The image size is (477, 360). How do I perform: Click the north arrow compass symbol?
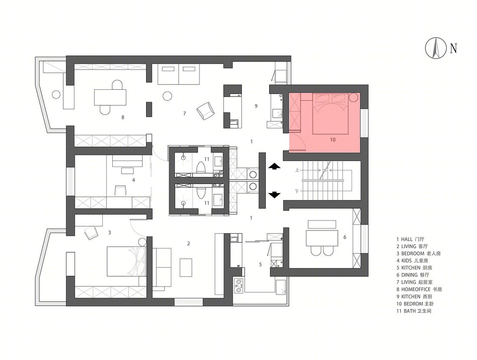(x=436, y=48)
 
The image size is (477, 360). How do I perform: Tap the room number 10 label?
(x=333, y=140)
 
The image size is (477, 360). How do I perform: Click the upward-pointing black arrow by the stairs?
(x=274, y=167)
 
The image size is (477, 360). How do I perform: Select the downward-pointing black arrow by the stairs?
(x=274, y=195)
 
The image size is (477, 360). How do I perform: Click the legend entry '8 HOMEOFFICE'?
(x=419, y=289)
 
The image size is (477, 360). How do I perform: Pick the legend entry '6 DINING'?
(x=412, y=275)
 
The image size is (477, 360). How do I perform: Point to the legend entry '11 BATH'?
(x=414, y=311)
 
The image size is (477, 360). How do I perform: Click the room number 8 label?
(x=123, y=117)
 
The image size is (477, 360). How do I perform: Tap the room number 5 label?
(x=261, y=265)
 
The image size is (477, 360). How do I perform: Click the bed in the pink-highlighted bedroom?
(x=330, y=114)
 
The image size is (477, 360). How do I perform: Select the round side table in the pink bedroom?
(x=353, y=98)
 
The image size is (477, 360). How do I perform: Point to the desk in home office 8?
(x=110, y=97)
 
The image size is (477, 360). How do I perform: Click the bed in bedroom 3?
(x=127, y=262)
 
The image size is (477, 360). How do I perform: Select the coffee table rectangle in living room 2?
(x=186, y=268)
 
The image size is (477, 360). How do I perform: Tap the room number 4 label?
(x=133, y=180)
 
